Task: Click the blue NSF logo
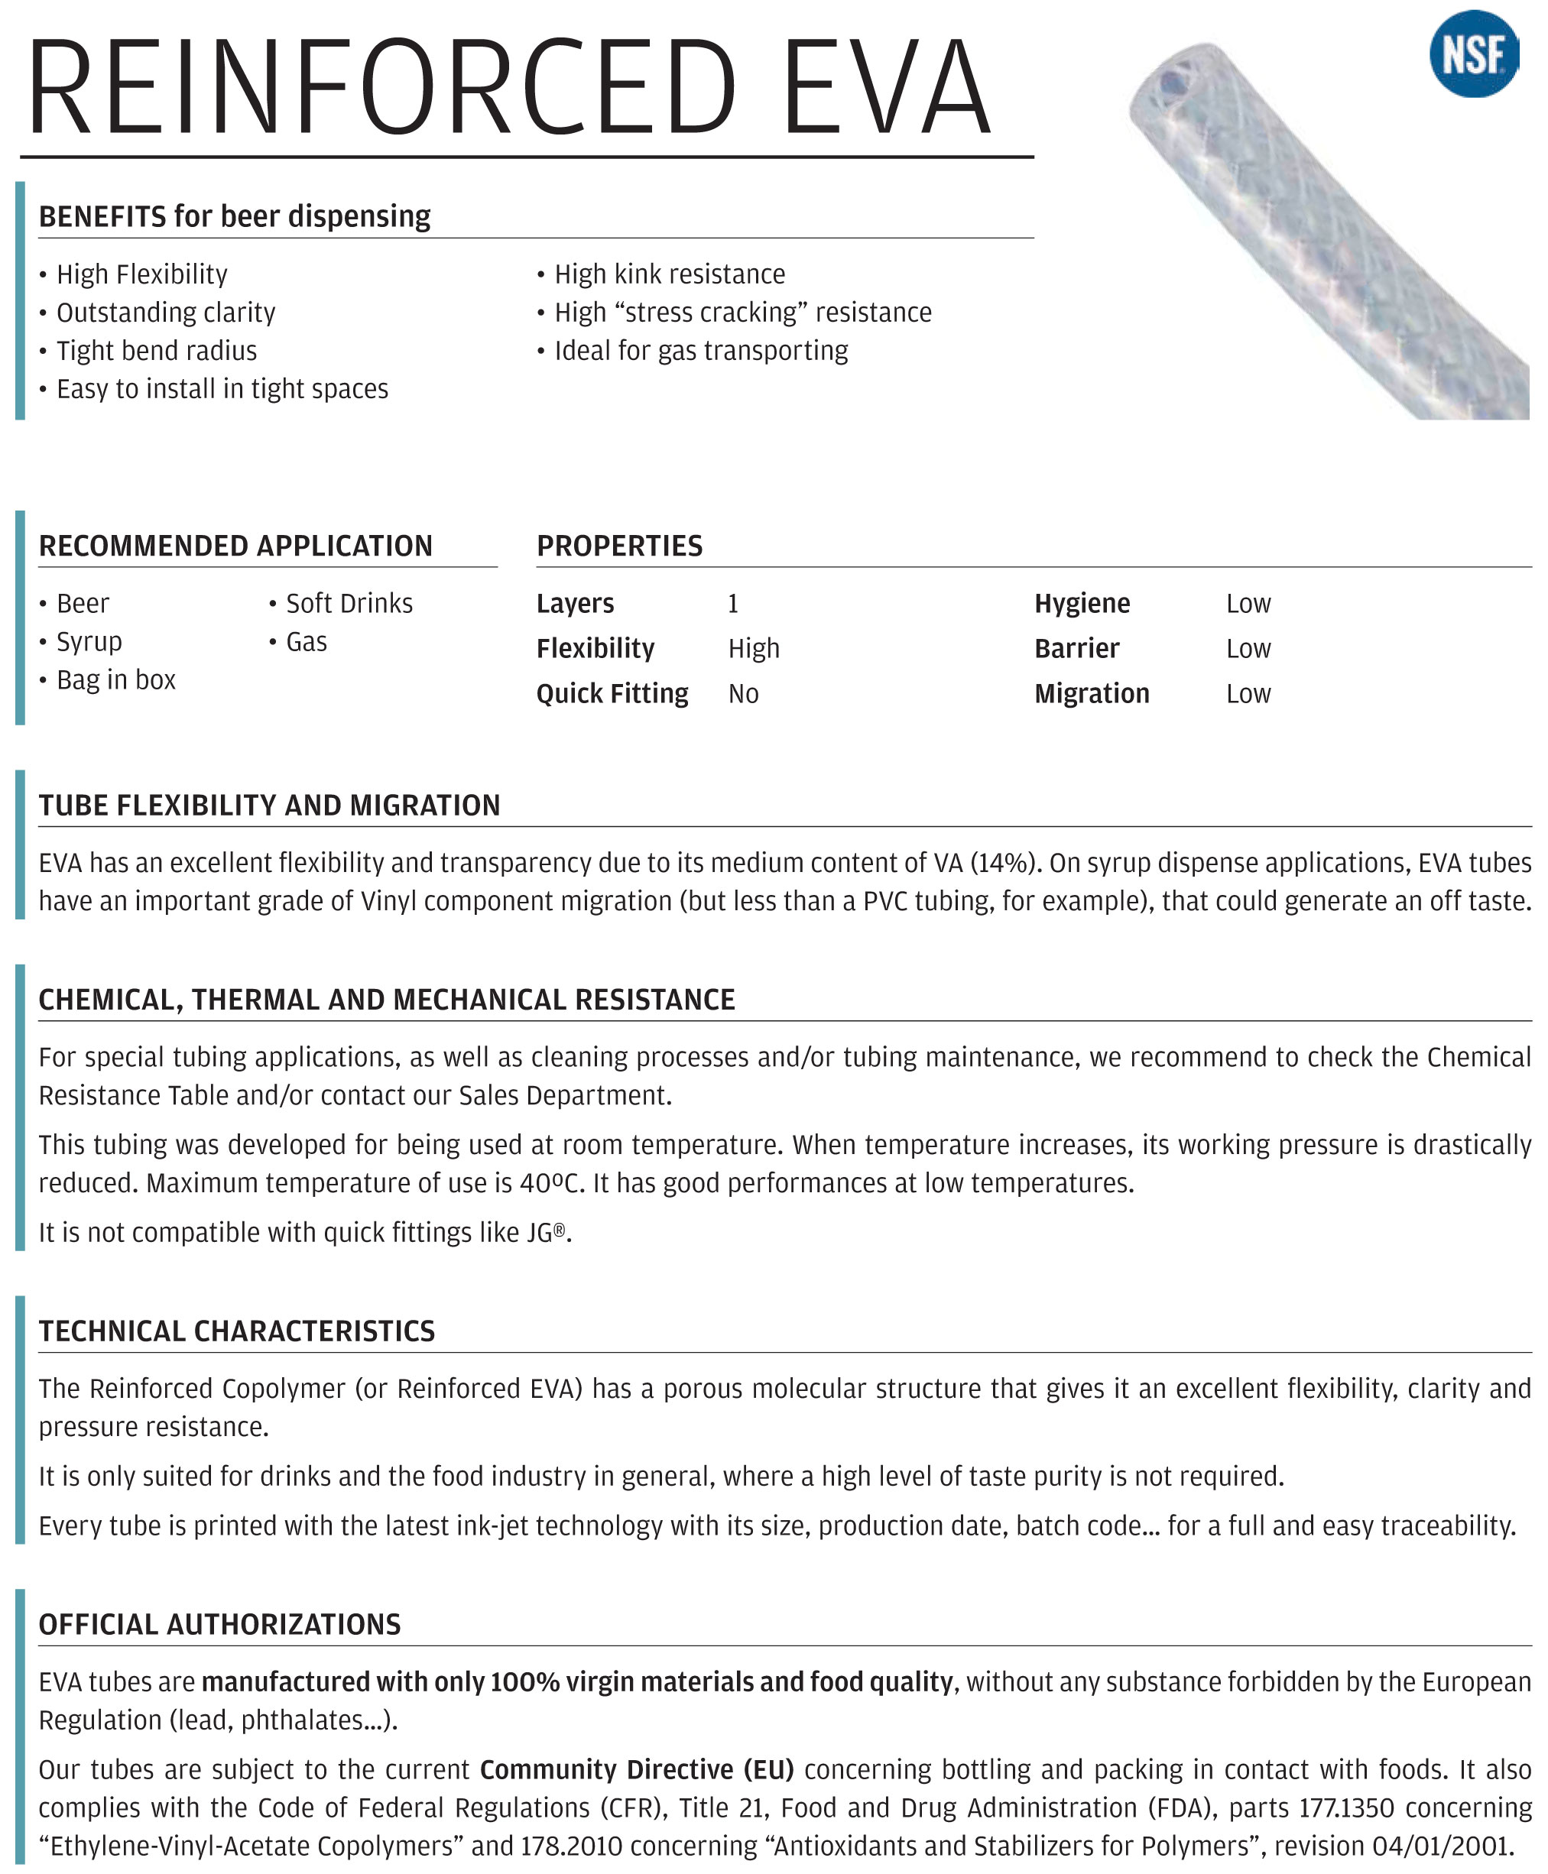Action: (1473, 53)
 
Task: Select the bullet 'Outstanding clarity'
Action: (166, 313)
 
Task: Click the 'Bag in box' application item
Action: (116, 680)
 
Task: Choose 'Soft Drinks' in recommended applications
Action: (349, 604)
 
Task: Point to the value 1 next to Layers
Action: (733, 605)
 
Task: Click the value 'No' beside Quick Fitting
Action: (743, 695)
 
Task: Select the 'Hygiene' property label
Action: (1082, 604)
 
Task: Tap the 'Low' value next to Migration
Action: (1248, 695)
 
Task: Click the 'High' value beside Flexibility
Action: (754, 649)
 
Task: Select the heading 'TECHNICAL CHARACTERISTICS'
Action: (236, 1331)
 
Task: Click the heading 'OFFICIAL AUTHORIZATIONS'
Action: (219, 1624)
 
